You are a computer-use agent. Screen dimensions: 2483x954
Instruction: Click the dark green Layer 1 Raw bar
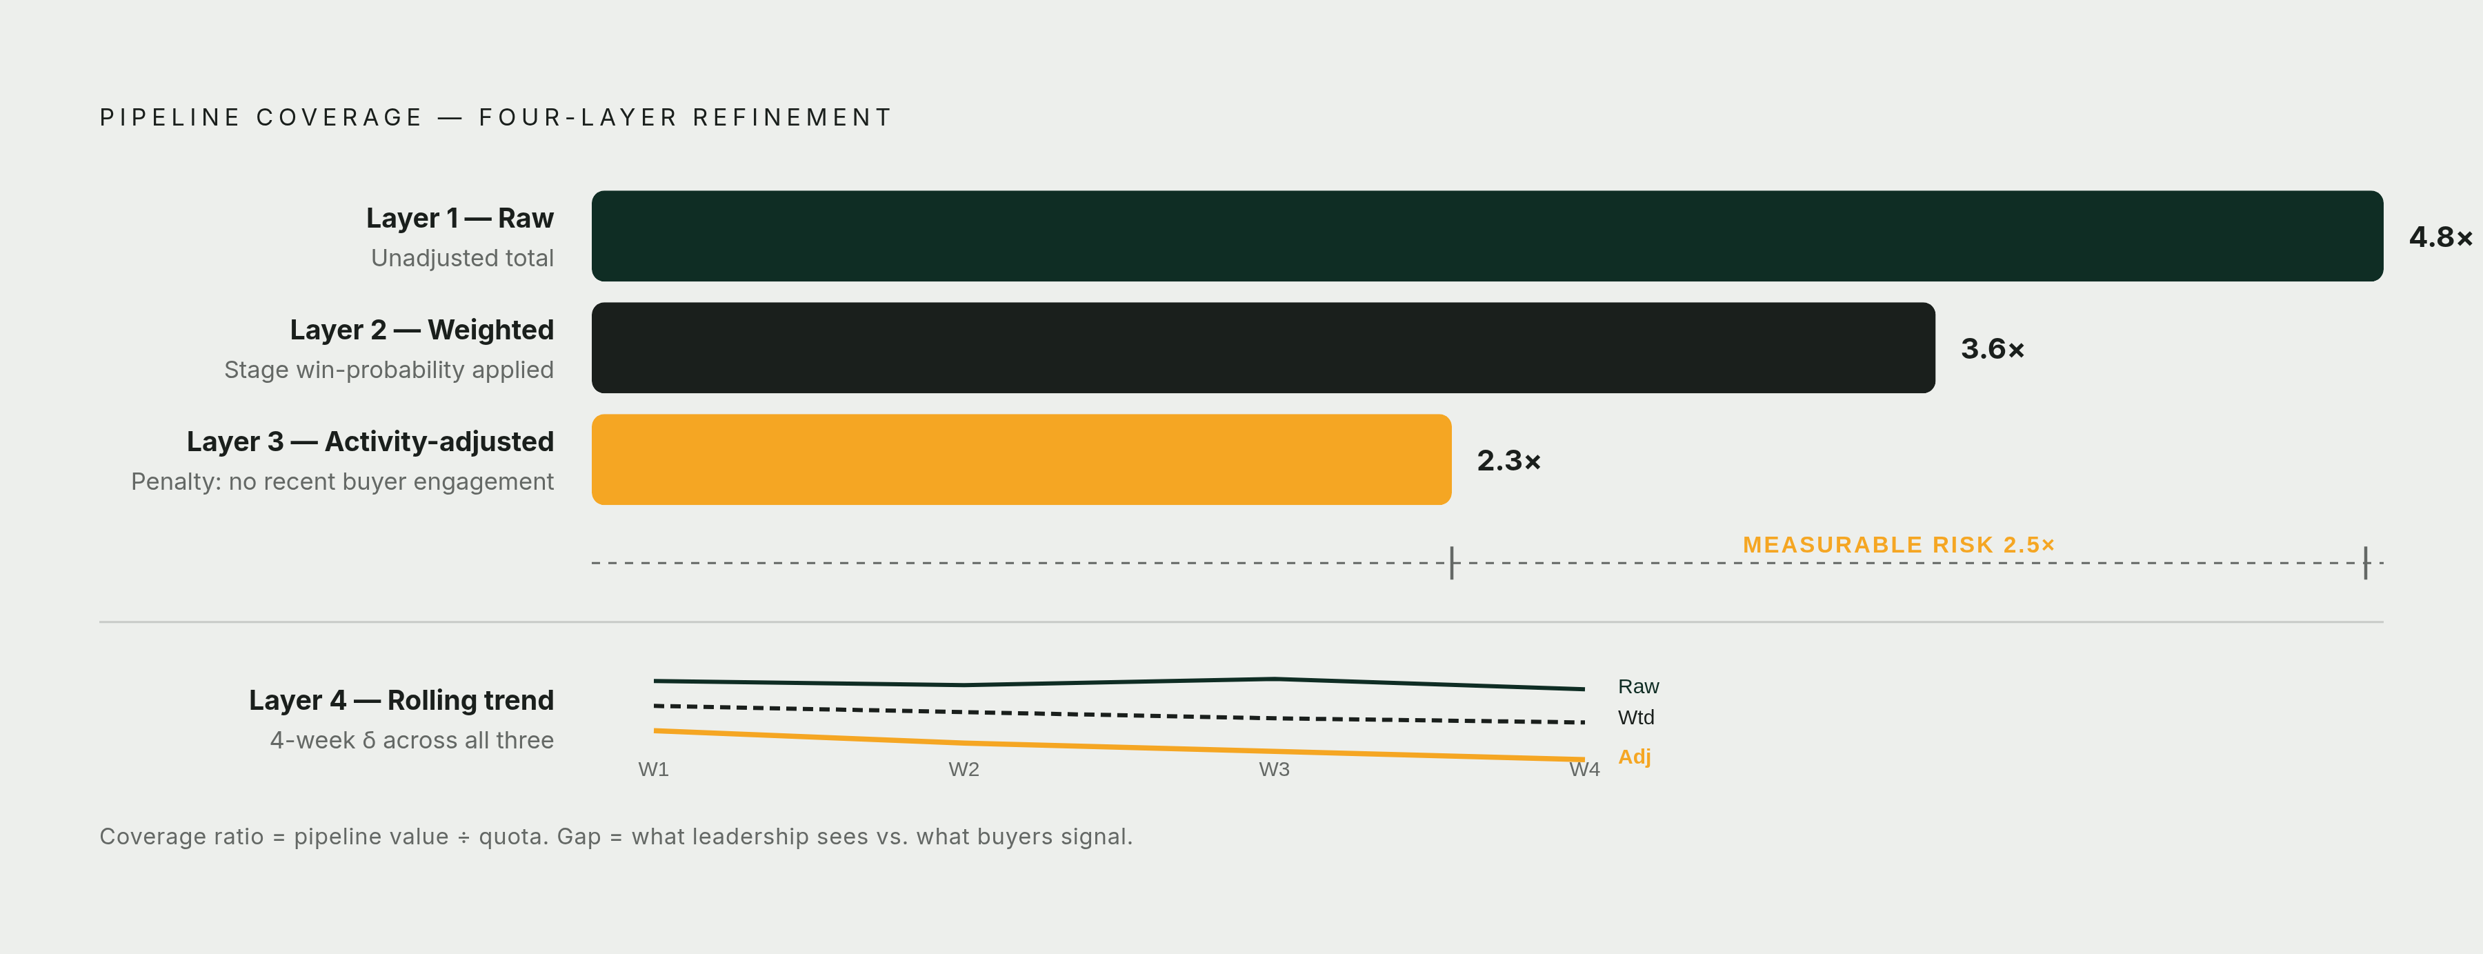[x=1487, y=236]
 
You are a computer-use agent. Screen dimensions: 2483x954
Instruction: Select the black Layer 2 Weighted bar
[x=1264, y=348]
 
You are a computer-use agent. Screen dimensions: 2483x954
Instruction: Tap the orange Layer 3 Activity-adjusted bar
[x=1021, y=459]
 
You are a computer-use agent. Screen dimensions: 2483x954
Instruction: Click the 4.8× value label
[x=2441, y=237]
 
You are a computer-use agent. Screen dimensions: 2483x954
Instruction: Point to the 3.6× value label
[x=1993, y=349]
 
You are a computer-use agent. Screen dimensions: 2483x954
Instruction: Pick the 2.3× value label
[x=1508, y=461]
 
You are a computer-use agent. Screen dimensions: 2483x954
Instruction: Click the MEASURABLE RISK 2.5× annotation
[x=1899, y=544]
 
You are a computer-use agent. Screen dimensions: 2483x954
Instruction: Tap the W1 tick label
[x=654, y=769]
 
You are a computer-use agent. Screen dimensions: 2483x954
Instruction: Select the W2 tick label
[x=964, y=769]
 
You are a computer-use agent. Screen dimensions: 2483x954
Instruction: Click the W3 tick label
[x=1275, y=769]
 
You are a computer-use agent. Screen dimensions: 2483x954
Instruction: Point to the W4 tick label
[x=1585, y=769]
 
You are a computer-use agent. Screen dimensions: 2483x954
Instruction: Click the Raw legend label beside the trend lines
[x=1639, y=686]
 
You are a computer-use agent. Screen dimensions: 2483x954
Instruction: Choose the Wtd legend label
[x=1636, y=717]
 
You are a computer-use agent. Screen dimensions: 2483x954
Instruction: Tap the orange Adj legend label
[x=1635, y=757]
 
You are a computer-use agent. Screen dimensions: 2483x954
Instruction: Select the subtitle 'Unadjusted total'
[x=463, y=258]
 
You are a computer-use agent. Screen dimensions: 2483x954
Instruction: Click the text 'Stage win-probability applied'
[x=390, y=370]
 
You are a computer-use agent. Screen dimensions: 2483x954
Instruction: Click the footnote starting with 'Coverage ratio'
[x=616, y=837]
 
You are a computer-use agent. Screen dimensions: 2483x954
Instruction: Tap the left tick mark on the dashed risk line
[x=1452, y=563]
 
